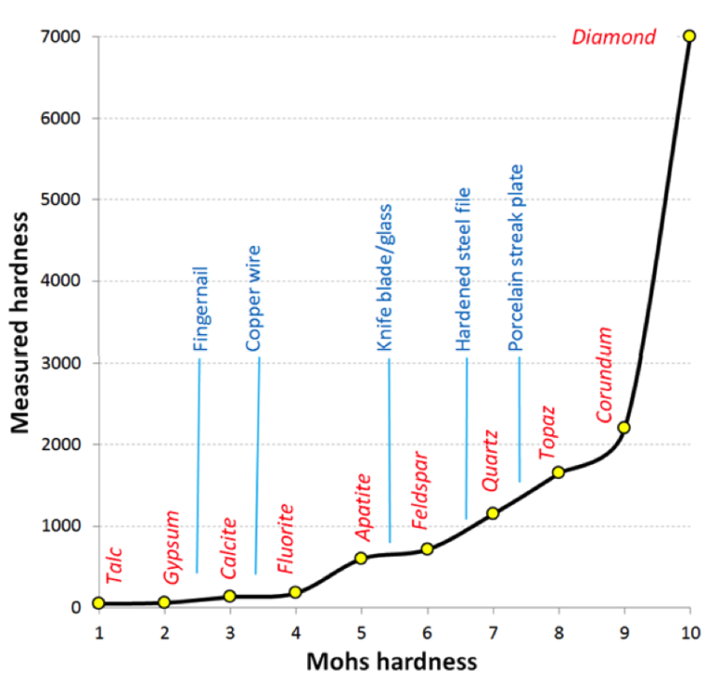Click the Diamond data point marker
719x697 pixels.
[690, 36]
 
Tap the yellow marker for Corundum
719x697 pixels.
[624, 428]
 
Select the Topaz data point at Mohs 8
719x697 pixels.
[559, 472]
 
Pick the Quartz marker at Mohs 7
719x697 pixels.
[493, 514]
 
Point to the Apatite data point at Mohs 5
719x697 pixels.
[361, 559]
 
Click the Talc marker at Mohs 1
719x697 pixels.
[98, 603]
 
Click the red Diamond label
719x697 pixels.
[613, 37]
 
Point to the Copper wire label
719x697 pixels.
[253, 298]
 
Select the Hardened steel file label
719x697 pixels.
[462, 269]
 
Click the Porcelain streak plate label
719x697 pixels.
[516, 258]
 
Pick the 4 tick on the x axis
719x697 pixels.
[296, 632]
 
